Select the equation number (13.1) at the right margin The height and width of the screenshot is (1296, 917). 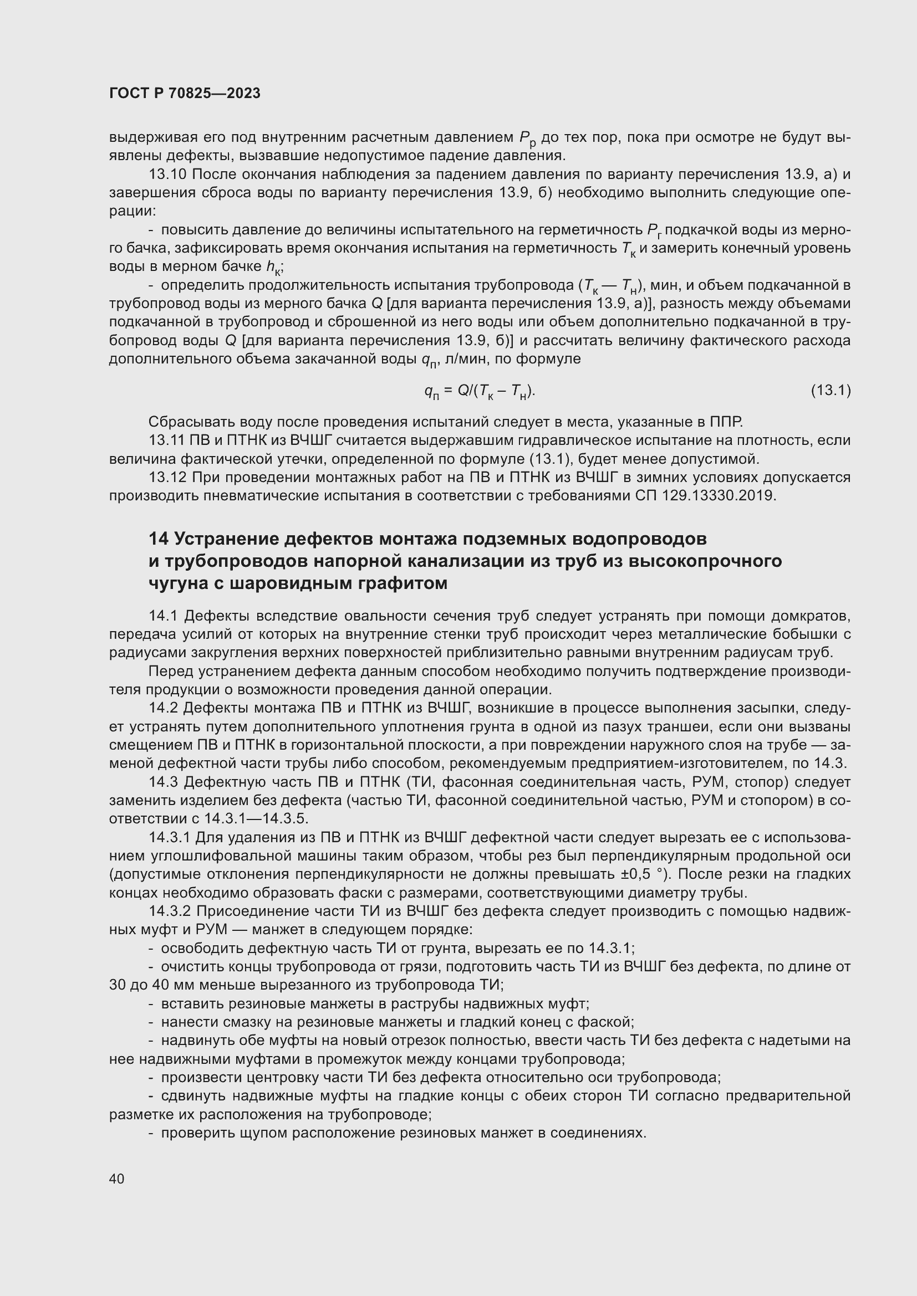pos(831,390)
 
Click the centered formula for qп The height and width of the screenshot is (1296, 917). pos(480,391)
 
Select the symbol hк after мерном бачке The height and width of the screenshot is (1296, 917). pos(273,267)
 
